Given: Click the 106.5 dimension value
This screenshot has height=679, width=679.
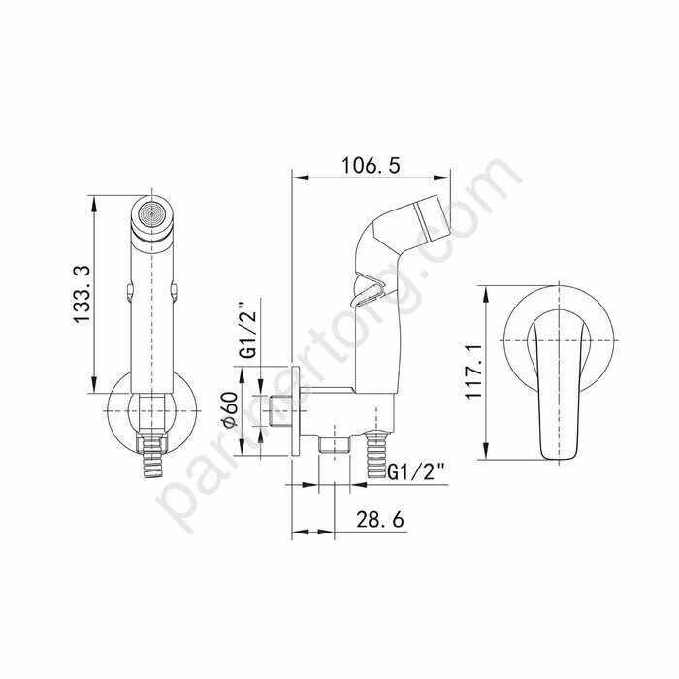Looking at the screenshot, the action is (x=371, y=165).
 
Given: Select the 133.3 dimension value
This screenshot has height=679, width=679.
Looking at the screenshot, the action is (x=81, y=294).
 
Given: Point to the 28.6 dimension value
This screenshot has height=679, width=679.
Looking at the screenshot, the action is (x=380, y=519).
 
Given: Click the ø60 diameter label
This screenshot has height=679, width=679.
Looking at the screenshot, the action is (x=231, y=409).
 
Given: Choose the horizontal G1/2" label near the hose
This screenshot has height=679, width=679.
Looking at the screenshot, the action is (x=416, y=471).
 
